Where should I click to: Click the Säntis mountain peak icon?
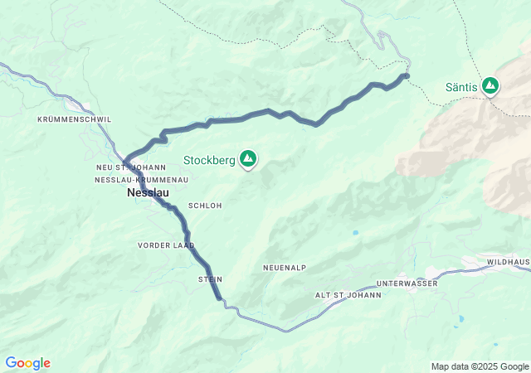coord(491,85)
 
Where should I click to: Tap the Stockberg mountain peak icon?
coord(247,158)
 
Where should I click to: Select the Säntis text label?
coord(461,86)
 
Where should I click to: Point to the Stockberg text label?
coord(209,159)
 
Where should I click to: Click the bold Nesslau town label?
coord(149,192)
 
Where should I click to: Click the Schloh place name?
coord(205,206)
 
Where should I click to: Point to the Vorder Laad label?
coord(166,245)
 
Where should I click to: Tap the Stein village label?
coord(210,279)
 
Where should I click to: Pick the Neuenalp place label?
coord(285,268)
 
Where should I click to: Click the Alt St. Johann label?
coord(348,295)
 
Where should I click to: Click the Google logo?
coord(27,363)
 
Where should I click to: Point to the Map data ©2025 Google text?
coord(480,366)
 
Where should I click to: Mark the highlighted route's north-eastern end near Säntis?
coord(406,76)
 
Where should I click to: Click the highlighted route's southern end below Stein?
coord(219,298)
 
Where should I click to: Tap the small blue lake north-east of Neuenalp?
coord(355,233)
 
